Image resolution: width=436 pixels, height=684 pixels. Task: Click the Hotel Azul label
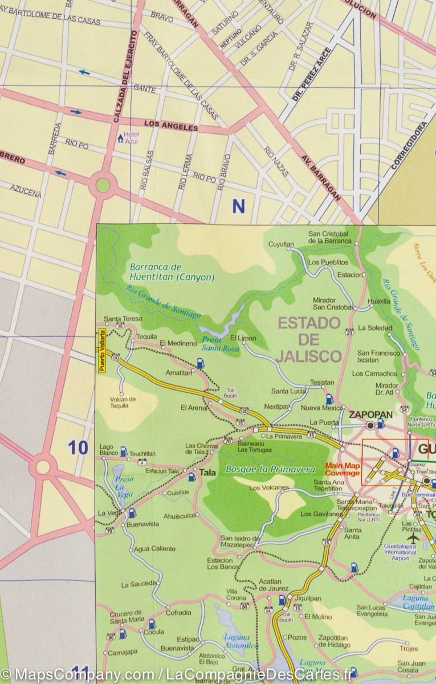[132, 137]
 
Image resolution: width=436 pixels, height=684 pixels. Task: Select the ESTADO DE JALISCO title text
[309, 340]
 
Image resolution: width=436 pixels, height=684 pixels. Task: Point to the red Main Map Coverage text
[342, 469]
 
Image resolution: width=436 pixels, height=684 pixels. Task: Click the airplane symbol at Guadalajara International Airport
[413, 537]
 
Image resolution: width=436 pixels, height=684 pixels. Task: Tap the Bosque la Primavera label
[270, 469]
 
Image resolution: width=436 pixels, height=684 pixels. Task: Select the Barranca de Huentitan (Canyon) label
[172, 272]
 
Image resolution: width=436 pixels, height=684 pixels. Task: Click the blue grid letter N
[238, 206]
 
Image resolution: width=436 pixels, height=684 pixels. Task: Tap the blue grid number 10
[78, 448]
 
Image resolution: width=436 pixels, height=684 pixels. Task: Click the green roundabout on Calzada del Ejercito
[103, 185]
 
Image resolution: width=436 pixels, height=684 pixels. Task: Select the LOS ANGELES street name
[171, 125]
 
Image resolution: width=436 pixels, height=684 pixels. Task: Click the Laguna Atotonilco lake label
[241, 641]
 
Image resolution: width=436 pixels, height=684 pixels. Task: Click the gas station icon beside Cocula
[152, 623]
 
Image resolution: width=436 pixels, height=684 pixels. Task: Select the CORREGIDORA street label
[408, 146]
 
